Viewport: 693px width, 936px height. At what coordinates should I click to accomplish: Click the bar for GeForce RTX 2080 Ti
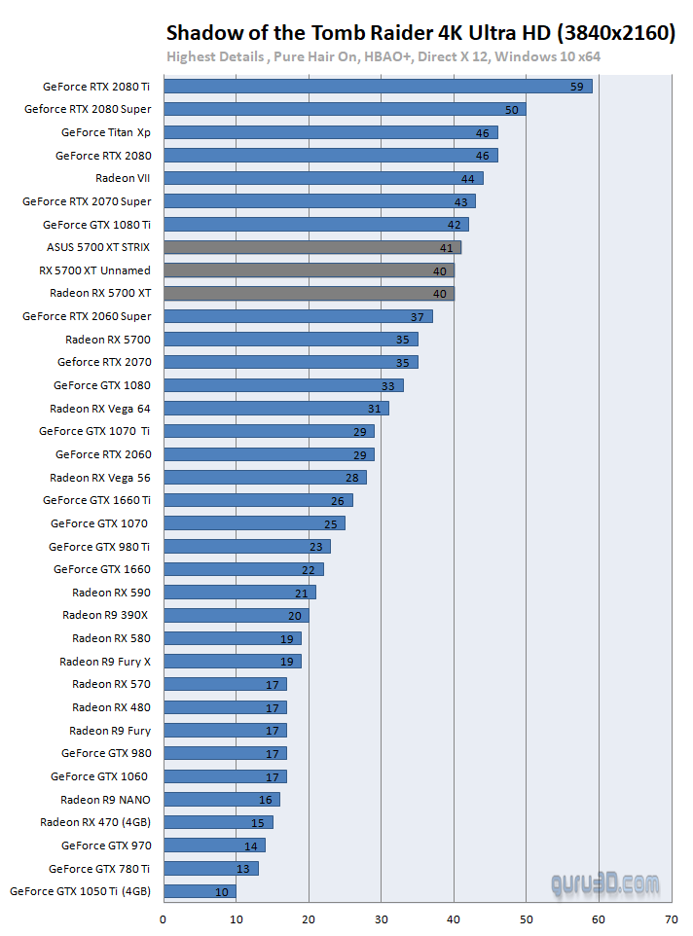[378, 87]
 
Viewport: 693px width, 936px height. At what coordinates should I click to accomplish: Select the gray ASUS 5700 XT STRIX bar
[311, 247]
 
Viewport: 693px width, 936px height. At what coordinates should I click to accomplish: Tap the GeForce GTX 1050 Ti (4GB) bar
[200, 891]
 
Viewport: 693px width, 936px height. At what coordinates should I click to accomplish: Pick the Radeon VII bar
[323, 178]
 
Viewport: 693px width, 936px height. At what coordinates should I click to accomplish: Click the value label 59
[576, 87]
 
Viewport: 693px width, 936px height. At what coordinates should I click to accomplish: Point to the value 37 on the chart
[417, 316]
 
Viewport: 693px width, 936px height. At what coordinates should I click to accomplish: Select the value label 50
[511, 110]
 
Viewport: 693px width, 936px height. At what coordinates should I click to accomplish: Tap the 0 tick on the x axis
[163, 918]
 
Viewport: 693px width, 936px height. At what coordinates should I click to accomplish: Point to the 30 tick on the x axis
[381, 918]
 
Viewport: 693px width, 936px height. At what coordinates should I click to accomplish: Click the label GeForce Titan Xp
[105, 132]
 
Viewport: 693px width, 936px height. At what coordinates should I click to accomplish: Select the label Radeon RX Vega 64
[100, 409]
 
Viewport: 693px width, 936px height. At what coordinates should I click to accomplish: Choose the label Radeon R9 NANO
[105, 800]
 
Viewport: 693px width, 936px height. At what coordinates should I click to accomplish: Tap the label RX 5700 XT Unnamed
[101, 270]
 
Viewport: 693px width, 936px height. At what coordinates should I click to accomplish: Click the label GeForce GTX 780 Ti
[99, 869]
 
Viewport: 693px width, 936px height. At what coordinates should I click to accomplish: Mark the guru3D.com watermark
[603, 884]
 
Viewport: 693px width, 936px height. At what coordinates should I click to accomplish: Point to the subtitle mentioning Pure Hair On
[383, 56]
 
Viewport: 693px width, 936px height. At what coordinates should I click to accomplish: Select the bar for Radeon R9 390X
[236, 615]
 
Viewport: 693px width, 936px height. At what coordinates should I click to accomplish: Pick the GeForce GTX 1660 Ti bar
[258, 500]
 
